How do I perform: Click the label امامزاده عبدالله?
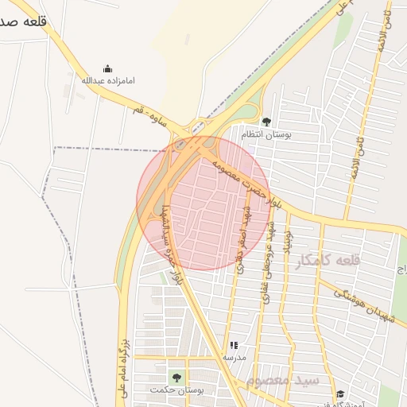click(108, 79)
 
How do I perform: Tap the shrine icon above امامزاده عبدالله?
click(108, 68)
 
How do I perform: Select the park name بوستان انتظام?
click(266, 135)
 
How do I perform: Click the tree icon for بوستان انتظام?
click(266, 122)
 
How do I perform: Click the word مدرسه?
click(234, 358)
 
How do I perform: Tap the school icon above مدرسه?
click(234, 345)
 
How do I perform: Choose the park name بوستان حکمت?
click(177, 390)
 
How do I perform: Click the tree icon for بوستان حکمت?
click(176, 378)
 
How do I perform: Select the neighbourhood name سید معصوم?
click(282, 382)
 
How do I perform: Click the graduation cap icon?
click(340, 394)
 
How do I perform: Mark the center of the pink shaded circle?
click(203, 203)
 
